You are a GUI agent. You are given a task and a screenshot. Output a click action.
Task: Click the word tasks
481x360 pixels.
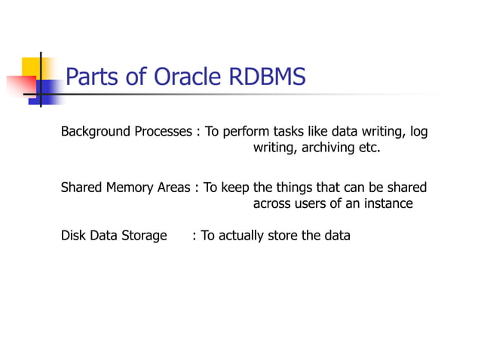293,133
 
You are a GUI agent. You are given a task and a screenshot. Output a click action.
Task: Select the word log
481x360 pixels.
418,133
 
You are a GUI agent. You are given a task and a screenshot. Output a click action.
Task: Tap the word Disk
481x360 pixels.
73,236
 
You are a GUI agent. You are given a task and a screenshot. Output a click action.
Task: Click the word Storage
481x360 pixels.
142,236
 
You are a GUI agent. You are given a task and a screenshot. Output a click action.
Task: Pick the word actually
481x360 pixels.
240,236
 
